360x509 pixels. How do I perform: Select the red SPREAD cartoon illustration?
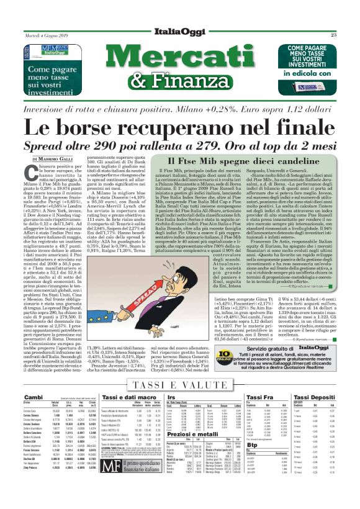tap(162, 266)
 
